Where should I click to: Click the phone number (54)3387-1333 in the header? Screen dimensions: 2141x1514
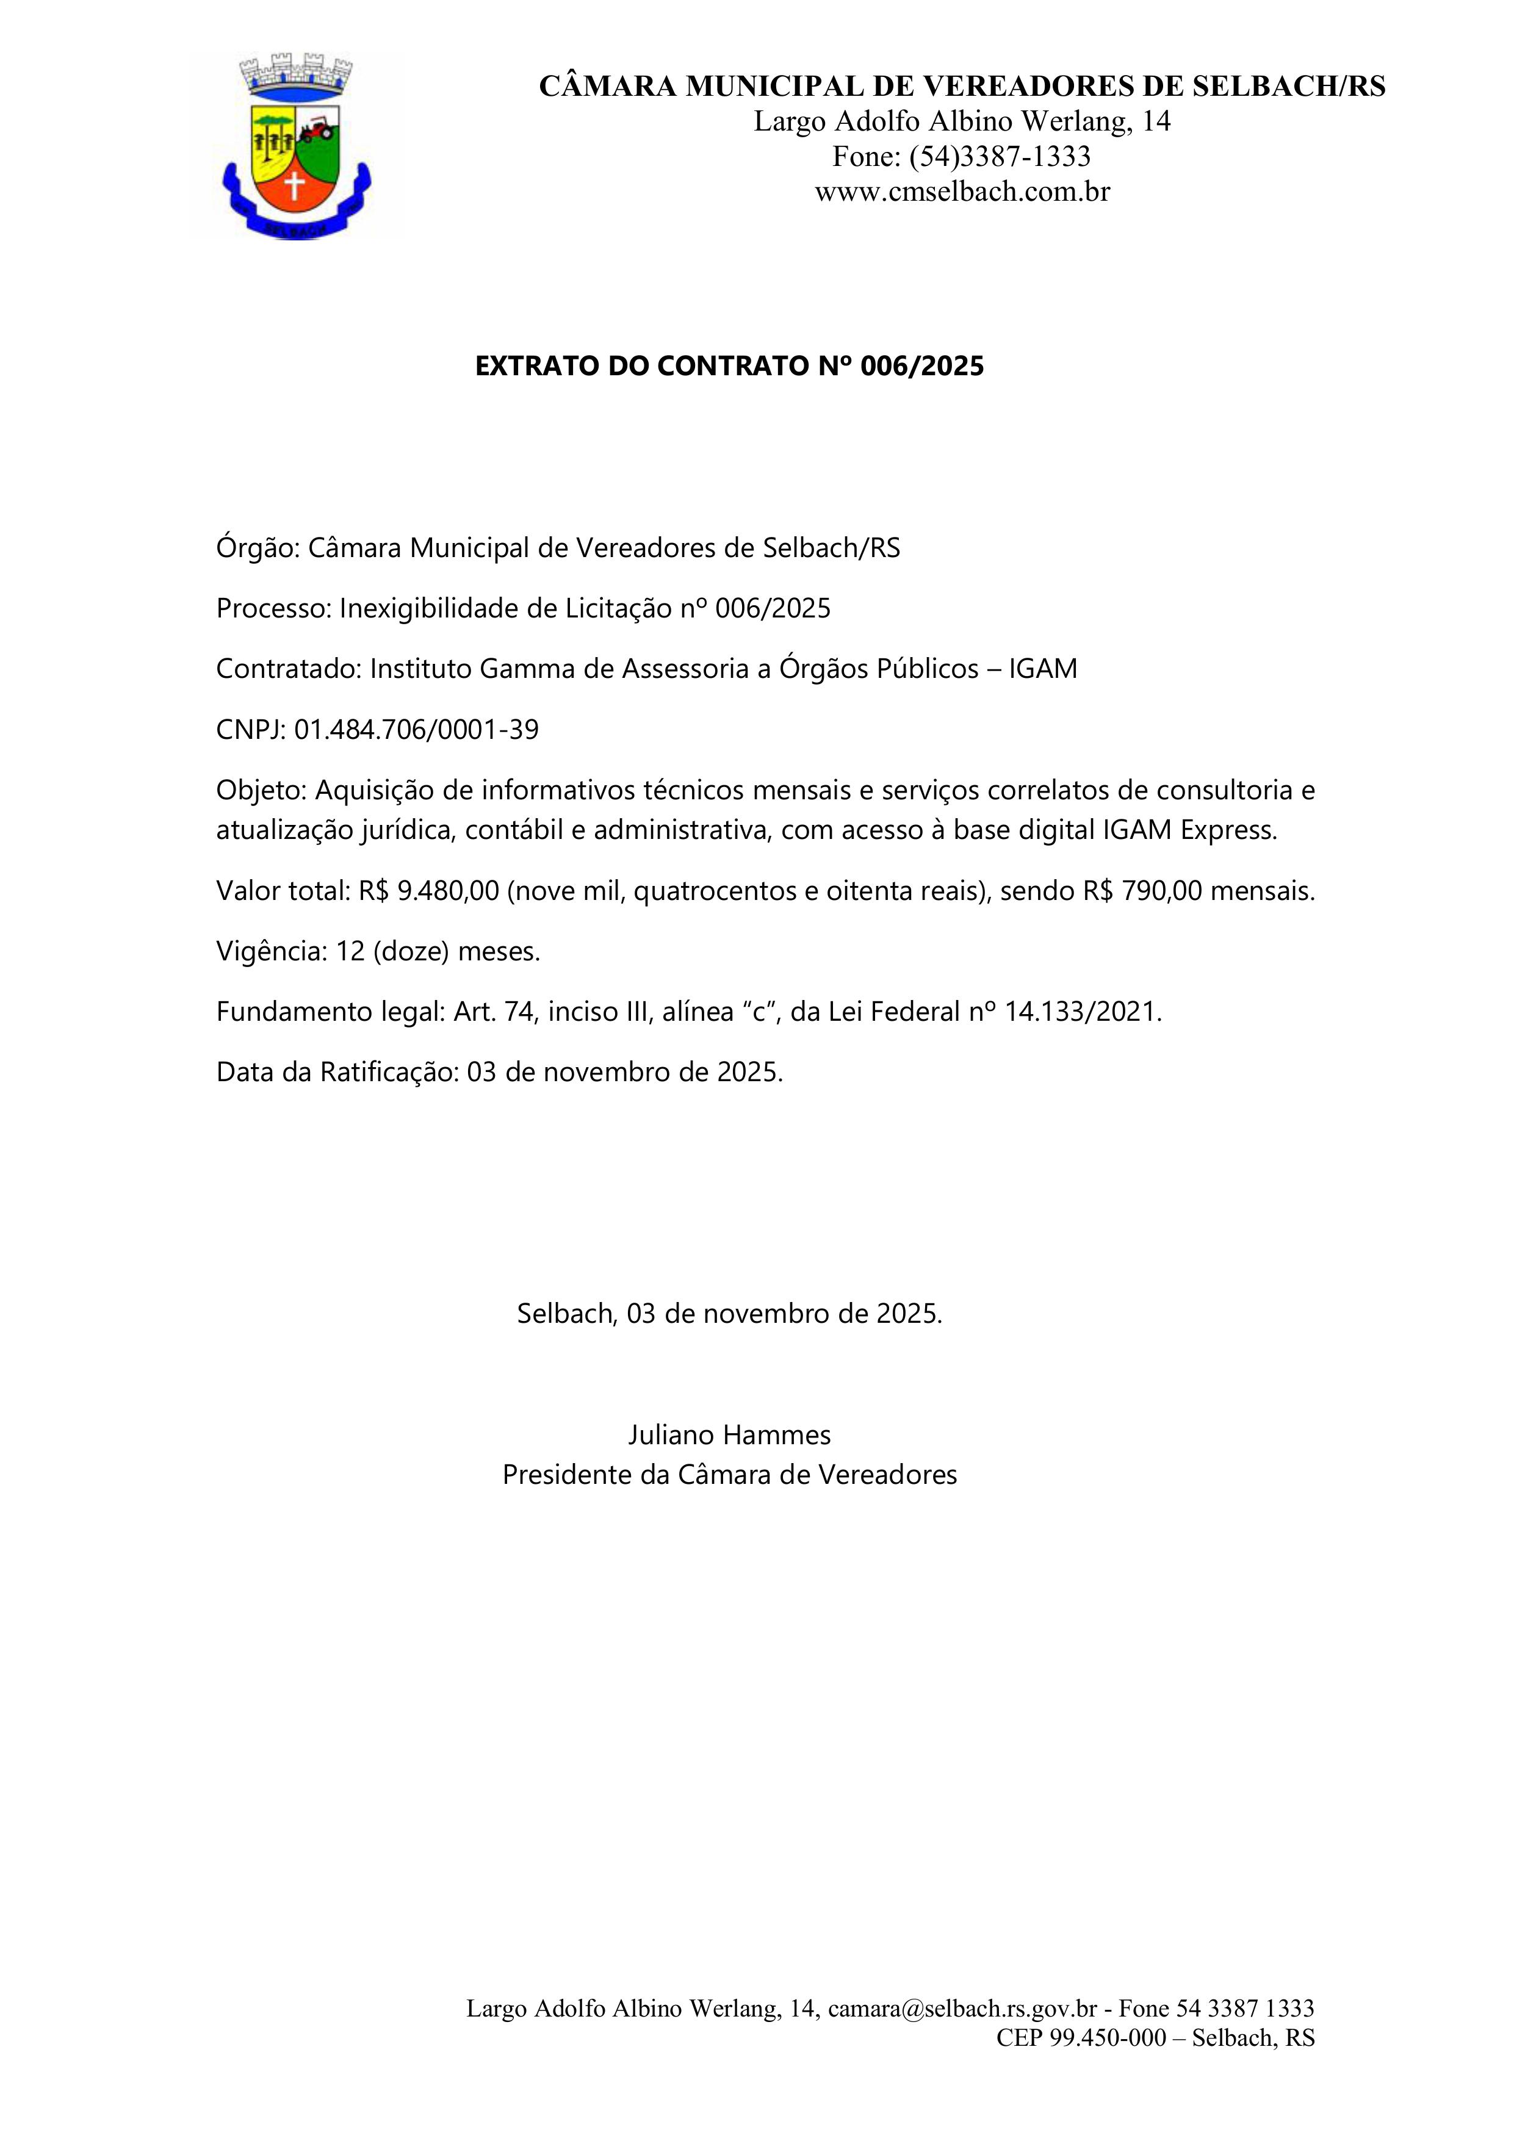998,157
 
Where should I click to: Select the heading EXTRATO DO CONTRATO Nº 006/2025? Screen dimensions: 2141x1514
729,367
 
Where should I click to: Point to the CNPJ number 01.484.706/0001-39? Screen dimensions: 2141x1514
416,730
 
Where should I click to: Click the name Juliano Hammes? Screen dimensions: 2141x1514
729,1434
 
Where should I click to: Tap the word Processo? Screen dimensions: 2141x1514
273,609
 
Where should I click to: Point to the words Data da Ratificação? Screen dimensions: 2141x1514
337,1073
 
